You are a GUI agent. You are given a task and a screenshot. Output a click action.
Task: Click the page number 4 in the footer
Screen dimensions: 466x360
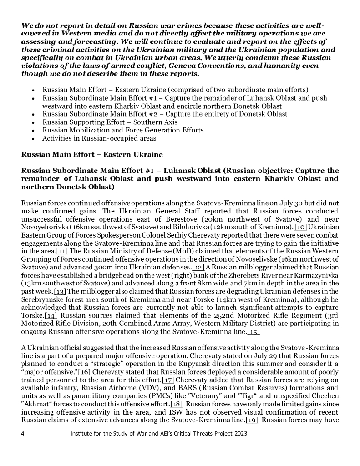(23, 434)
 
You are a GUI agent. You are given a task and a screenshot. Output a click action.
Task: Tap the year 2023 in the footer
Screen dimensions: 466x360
(239, 434)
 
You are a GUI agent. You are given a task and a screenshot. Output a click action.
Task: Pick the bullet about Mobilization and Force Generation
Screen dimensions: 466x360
(123, 130)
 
